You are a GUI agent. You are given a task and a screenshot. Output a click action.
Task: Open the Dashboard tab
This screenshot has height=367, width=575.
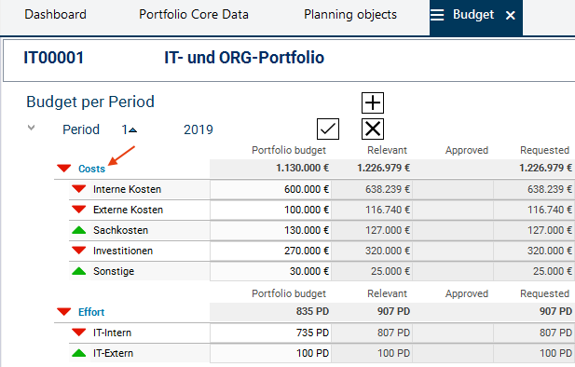click(55, 15)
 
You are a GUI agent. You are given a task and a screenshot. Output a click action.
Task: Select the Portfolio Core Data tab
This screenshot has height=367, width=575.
click(194, 15)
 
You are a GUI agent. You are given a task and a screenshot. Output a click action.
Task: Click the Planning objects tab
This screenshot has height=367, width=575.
click(350, 15)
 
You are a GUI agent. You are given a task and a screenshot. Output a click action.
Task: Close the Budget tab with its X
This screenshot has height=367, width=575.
click(510, 16)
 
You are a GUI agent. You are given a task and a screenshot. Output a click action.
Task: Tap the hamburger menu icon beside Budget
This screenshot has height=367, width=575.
click(437, 15)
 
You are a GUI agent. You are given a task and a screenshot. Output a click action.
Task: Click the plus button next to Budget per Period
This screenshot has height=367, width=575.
click(373, 103)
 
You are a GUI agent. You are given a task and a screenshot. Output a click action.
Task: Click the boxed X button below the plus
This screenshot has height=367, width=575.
click(373, 129)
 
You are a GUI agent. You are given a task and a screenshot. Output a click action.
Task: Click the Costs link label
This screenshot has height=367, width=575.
click(91, 169)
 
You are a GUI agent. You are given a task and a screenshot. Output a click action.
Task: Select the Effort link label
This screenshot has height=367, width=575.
click(91, 312)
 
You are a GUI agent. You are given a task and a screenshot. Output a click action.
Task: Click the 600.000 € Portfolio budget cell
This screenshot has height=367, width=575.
click(270, 189)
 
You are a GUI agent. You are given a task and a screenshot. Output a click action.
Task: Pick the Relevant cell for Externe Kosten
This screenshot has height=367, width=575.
click(372, 211)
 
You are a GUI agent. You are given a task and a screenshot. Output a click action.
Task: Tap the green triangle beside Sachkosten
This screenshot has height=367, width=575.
click(79, 230)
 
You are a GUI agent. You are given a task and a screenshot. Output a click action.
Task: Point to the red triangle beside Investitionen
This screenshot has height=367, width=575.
click(79, 251)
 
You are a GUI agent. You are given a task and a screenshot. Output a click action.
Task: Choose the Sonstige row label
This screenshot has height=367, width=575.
click(114, 271)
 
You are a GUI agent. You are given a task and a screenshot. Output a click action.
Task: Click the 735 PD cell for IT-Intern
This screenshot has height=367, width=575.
click(270, 333)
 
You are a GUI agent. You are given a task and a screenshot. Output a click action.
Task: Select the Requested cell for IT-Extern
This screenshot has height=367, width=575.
click(534, 353)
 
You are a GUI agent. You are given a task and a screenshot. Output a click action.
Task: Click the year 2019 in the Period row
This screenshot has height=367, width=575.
click(198, 129)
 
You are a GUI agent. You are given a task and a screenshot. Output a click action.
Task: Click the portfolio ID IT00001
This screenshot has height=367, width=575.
click(53, 58)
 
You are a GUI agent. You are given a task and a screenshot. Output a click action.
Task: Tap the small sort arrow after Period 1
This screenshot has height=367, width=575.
click(132, 129)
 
